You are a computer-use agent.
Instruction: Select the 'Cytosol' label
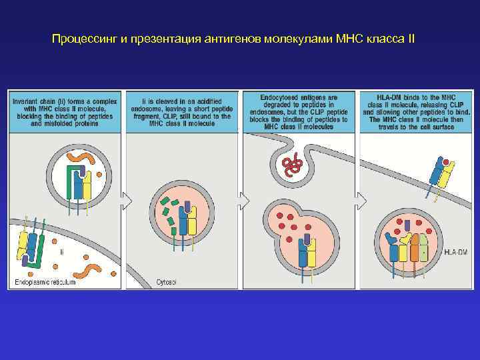(x=167, y=282)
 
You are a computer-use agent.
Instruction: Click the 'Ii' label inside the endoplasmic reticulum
(x=61, y=253)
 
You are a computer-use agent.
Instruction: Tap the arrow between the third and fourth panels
(x=361, y=199)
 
